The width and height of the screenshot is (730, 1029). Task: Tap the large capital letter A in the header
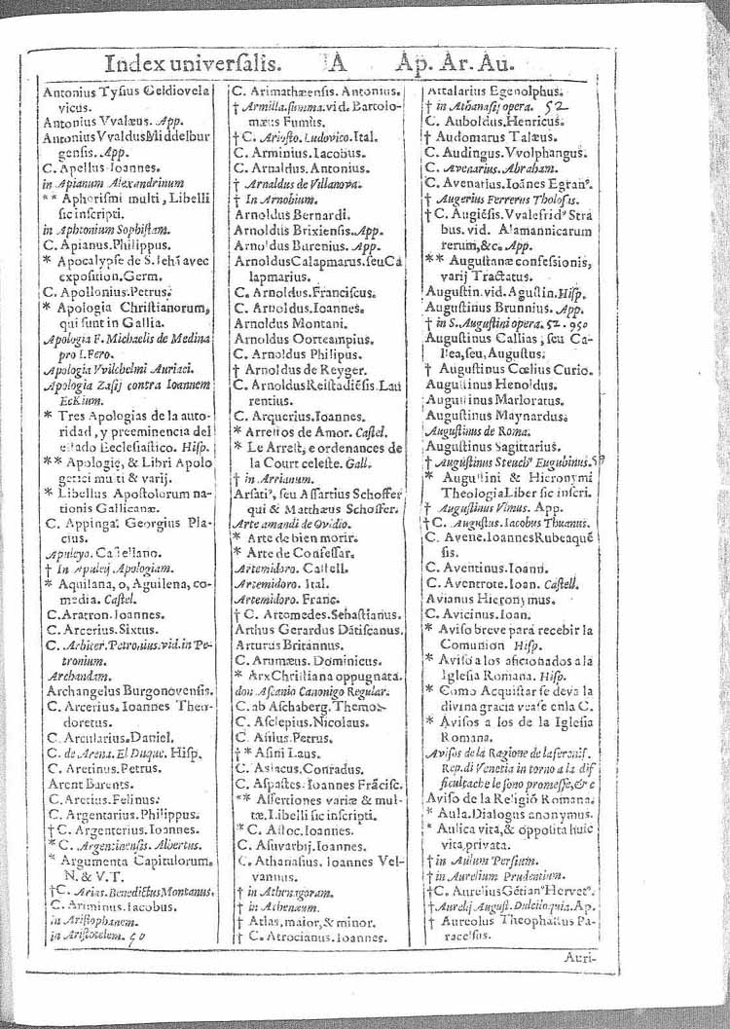pos(336,64)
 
